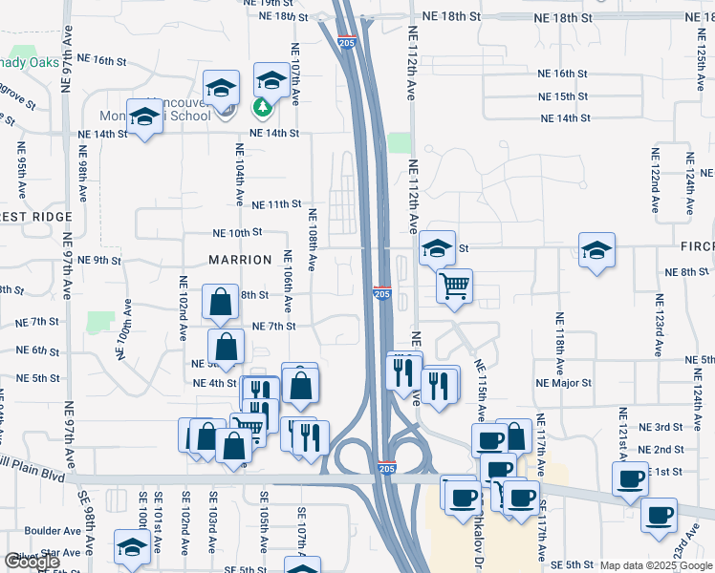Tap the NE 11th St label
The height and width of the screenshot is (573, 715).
click(x=277, y=204)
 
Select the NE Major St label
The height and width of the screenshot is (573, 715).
click(x=565, y=383)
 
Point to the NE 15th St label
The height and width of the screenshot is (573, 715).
click(x=563, y=97)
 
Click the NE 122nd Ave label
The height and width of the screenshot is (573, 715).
click(x=656, y=180)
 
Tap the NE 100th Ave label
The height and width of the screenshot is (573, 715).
click(x=124, y=330)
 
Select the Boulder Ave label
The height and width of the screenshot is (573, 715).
click(x=53, y=531)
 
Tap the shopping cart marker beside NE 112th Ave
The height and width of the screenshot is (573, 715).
click(x=454, y=284)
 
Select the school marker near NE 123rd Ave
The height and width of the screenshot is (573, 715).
click(x=596, y=250)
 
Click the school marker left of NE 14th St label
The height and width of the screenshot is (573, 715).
click(x=144, y=118)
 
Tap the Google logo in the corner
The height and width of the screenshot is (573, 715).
click(x=32, y=562)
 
